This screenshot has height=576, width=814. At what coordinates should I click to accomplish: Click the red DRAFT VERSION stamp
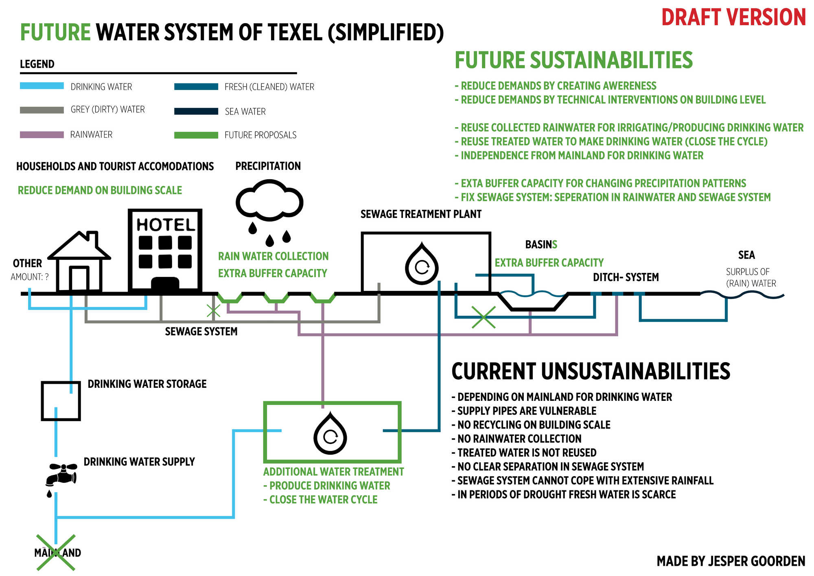click(733, 18)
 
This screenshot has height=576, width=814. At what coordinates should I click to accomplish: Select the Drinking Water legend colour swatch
click(42, 86)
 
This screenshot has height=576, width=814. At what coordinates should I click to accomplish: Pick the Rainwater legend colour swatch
click(42, 135)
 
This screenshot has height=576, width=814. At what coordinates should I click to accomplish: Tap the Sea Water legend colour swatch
click(196, 111)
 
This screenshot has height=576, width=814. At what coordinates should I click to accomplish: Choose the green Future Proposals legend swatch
click(196, 135)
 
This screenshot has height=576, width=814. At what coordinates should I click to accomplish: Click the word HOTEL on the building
click(165, 225)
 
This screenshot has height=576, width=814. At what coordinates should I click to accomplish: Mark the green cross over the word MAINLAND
click(56, 552)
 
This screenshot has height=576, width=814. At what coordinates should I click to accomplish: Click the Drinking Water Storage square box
click(61, 401)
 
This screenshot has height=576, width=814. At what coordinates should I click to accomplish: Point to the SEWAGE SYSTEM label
click(201, 332)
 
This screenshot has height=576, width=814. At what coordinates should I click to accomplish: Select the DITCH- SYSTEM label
click(626, 277)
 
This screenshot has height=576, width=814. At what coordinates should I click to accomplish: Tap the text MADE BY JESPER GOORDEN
click(731, 561)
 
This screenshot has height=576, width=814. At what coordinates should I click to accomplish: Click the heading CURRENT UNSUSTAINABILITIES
click(591, 372)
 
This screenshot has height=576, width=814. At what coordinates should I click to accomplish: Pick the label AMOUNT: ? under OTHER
click(30, 277)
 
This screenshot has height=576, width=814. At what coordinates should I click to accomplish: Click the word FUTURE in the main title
click(55, 33)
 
